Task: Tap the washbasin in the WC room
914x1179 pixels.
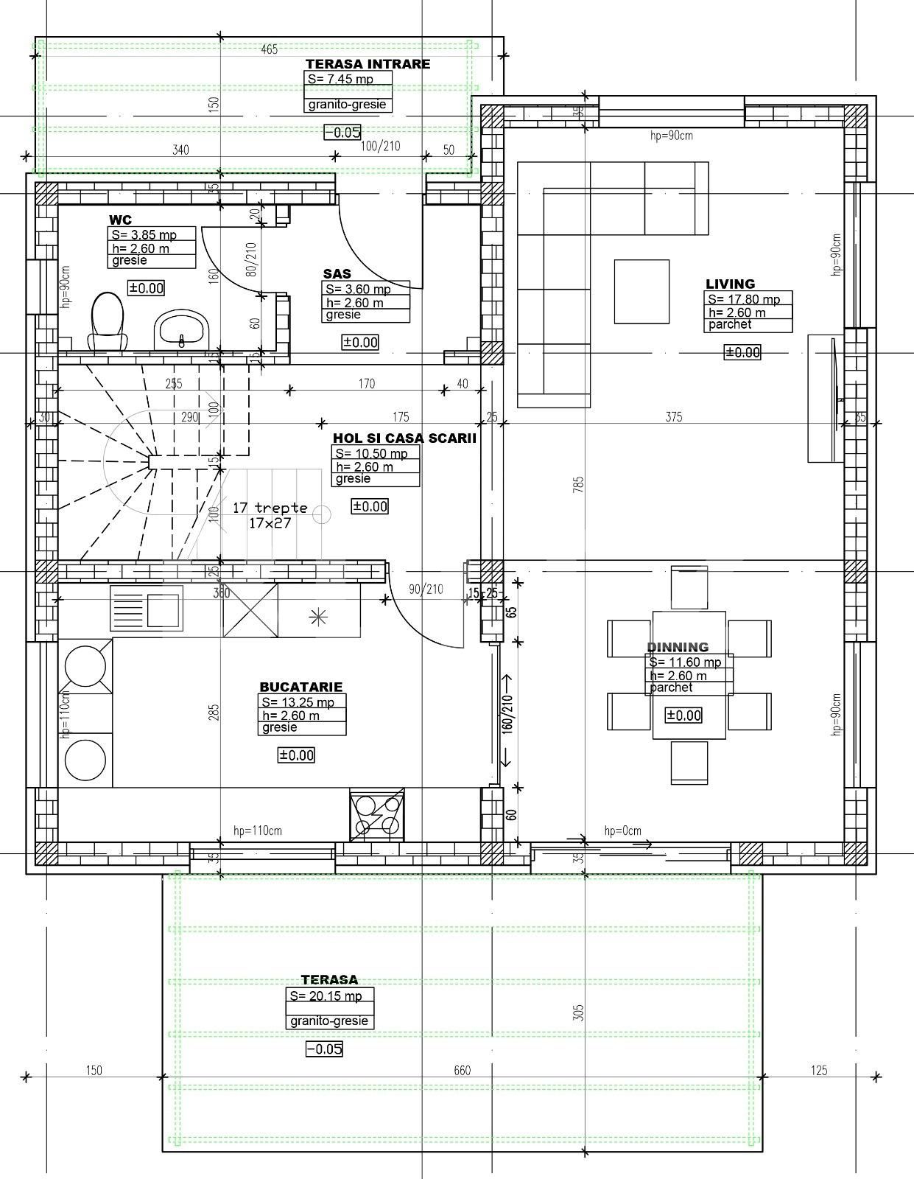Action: coord(182,327)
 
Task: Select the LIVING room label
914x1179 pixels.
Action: coord(730,284)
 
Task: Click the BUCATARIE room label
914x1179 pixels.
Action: coord(300,687)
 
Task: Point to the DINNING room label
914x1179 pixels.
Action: coord(678,647)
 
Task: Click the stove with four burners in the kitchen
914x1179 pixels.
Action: coord(377,815)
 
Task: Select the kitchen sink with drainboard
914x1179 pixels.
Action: coord(146,608)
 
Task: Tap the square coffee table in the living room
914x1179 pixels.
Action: coord(642,291)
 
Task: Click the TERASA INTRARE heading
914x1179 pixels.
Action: coord(368,64)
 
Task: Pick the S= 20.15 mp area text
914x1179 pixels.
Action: coord(326,996)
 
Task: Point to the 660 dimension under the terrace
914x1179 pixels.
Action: coord(462,1070)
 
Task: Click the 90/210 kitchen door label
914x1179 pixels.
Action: coord(426,589)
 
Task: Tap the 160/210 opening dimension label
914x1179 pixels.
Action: coord(507,714)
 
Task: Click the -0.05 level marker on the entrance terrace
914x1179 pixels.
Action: coord(342,132)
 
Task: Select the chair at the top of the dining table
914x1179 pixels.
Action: coord(689,587)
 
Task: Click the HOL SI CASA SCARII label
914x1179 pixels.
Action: coord(404,438)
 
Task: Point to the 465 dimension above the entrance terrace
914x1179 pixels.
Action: coord(269,49)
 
